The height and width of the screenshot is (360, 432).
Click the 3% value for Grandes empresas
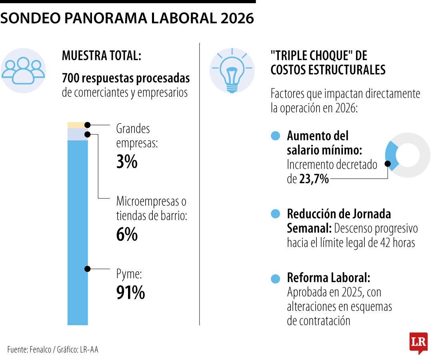[x=126, y=162]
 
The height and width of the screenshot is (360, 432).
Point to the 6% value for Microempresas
[x=126, y=234]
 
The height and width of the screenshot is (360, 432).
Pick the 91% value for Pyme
[x=130, y=293]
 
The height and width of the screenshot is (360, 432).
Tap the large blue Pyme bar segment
[x=77, y=232]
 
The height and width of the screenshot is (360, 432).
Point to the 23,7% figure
[x=314, y=179]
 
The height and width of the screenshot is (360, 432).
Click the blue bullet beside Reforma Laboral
[x=275, y=278]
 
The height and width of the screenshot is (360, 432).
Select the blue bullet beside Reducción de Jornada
[x=275, y=214]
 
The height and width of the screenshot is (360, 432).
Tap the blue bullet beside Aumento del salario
[x=275, y=136]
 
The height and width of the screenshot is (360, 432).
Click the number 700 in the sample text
[x=70, y=78]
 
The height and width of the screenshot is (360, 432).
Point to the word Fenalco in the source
[x=40, y=349]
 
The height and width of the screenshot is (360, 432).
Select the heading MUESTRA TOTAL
[x=102, y=56]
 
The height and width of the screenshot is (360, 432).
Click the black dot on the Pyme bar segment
[x=87, y=269]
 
